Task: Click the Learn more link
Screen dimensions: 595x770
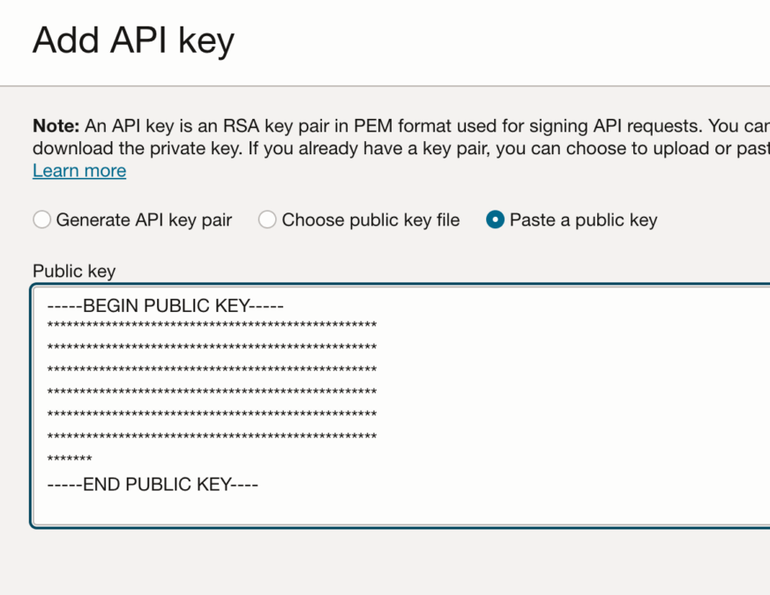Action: point(79,171)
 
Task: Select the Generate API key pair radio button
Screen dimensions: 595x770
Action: point(42,220)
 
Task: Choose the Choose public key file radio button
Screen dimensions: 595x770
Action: point(267,220)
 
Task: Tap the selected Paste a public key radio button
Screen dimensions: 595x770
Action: point(496,220)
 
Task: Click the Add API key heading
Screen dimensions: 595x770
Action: point(133,41)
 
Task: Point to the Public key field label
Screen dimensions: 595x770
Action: point(74,271)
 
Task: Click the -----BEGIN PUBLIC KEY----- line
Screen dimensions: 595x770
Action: point(165,307)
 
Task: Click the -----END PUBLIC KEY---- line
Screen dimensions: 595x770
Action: point(153,484)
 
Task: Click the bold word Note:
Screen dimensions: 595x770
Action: point(56,126)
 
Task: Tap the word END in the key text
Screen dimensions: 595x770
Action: point(101,484)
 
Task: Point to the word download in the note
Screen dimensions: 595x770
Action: point(69,148)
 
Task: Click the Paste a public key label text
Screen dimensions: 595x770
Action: point(583,220)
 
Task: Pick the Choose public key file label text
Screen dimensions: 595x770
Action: point(370,220)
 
